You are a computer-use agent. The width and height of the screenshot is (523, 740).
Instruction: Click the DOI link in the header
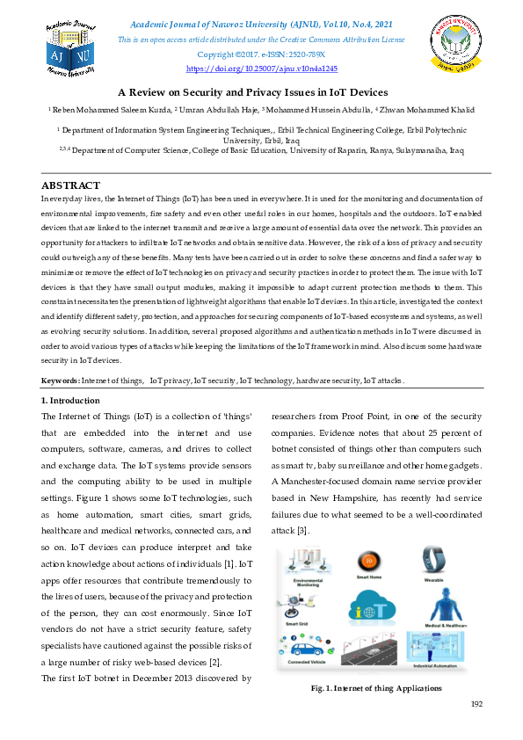(x=261, y=68)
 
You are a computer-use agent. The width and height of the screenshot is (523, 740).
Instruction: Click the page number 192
(x=477, y=704)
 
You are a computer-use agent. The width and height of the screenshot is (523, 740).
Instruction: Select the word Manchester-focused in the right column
(x=325, y=481)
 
